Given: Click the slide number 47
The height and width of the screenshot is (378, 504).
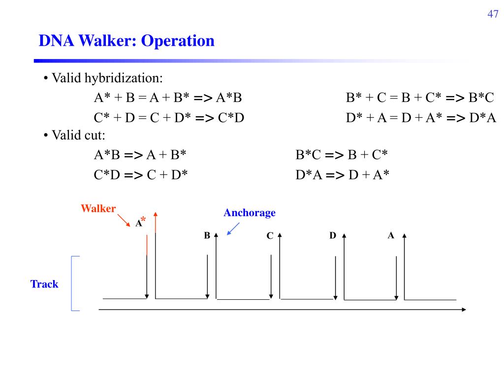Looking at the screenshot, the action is click(x=493, y=14).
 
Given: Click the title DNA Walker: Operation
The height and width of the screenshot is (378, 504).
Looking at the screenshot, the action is click(x=126, y=40).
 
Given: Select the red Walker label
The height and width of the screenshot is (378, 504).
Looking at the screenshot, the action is click(x=98, y=208).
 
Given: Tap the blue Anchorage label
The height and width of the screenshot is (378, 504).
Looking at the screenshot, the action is click(x=250, y=213).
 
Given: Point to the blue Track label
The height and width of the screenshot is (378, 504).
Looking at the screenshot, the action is click(x=44, y=284).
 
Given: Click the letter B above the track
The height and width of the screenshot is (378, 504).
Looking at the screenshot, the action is click(x=207, y=236).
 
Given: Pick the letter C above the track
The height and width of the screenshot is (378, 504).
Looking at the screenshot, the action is click(x=270, y=236).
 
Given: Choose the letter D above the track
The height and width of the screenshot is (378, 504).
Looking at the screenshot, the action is click(x=333, y=236).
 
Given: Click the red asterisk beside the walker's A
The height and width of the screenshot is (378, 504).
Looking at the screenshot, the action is click(x=144, y=219).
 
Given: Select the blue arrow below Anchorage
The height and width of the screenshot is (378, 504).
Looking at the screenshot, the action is click(x=233, y=229).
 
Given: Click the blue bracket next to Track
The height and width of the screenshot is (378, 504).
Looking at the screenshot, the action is click(x=74, y=283).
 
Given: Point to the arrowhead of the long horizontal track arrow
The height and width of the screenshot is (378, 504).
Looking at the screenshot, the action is click(x=463, y=309).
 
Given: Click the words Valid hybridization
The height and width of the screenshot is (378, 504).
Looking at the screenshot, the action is click(x=107, y=78).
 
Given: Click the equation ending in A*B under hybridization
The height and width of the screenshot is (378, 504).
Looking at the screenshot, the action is click(x=168, y=98).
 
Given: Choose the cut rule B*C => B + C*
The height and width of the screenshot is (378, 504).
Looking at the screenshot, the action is click(x=342, y=156).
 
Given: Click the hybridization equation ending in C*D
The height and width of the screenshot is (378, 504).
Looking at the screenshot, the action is click(x=169, y=118).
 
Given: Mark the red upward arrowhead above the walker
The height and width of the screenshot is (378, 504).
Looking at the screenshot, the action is click(x=156, y=215).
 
